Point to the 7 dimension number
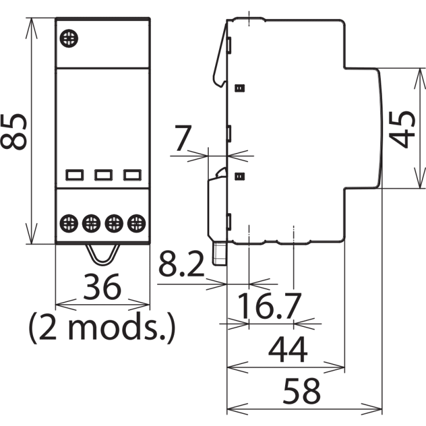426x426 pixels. tap(183, 139)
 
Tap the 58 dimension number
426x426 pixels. tap(301, 392)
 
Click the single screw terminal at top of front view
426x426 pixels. tap(70, 39)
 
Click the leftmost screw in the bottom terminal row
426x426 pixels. tap(69, 222)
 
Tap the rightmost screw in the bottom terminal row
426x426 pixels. tap(136, 222)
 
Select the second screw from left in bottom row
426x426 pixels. tap(91, 222)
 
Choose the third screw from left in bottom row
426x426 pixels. tap(114, 222)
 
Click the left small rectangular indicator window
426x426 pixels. tap(74, 174)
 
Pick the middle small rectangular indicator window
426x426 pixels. tap(103, 174)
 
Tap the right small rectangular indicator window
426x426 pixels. tap(132, 174)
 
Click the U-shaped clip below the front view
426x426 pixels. tap(103, 254)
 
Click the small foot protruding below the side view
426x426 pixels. tap(219, 254)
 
